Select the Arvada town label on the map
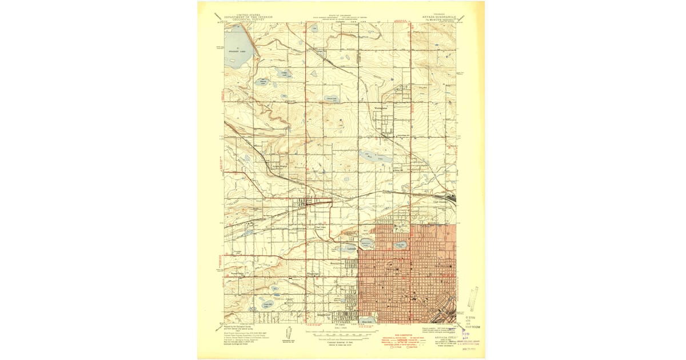pyautogui.click(x=302, y=214)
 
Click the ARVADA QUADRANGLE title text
pyautogui.click(x=436, y=17)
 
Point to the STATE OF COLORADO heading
pyautogui.click(x=340, y=15)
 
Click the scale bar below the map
pyautogui.click(x=340, y=331)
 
